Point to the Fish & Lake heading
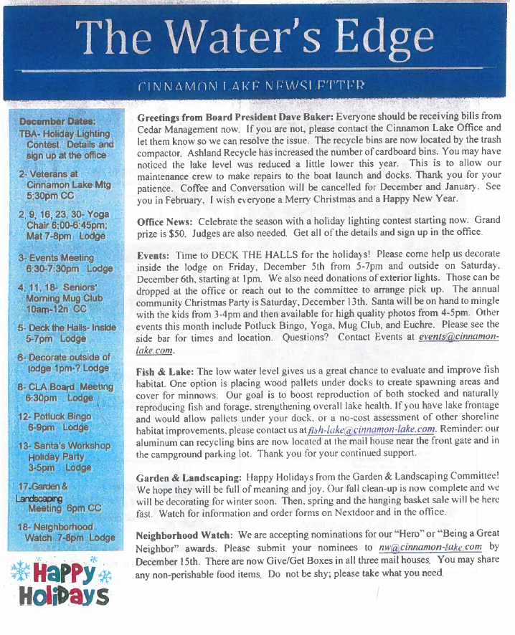[x=165, y=371]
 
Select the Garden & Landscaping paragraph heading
[x=189, y=477]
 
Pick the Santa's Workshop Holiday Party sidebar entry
[x=65, y=457]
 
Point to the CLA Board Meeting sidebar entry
[x=65, y=392]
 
